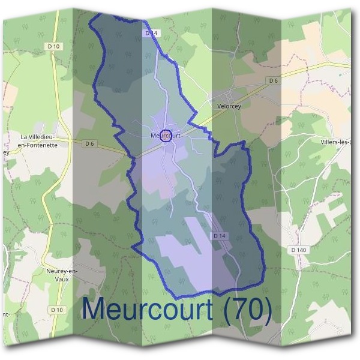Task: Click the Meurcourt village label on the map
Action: click(167, 136)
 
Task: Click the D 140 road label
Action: click(298, 250)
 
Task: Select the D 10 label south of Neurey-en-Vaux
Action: click(58, 310)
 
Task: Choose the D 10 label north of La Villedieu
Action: click(54, 46)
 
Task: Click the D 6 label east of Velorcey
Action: click(274, 80)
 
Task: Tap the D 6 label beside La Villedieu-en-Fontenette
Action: click(90, 143)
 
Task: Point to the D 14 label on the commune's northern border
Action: click(151, 34)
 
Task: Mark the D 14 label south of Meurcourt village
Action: click(220, 236)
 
